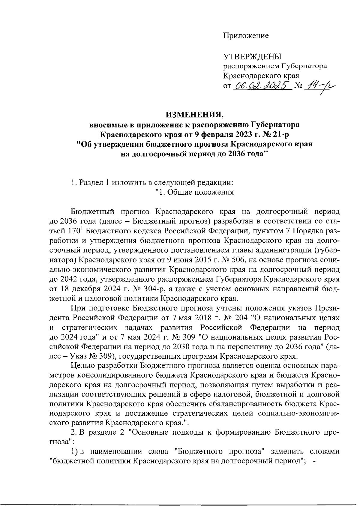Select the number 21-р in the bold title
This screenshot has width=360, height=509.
tap(280, 134)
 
